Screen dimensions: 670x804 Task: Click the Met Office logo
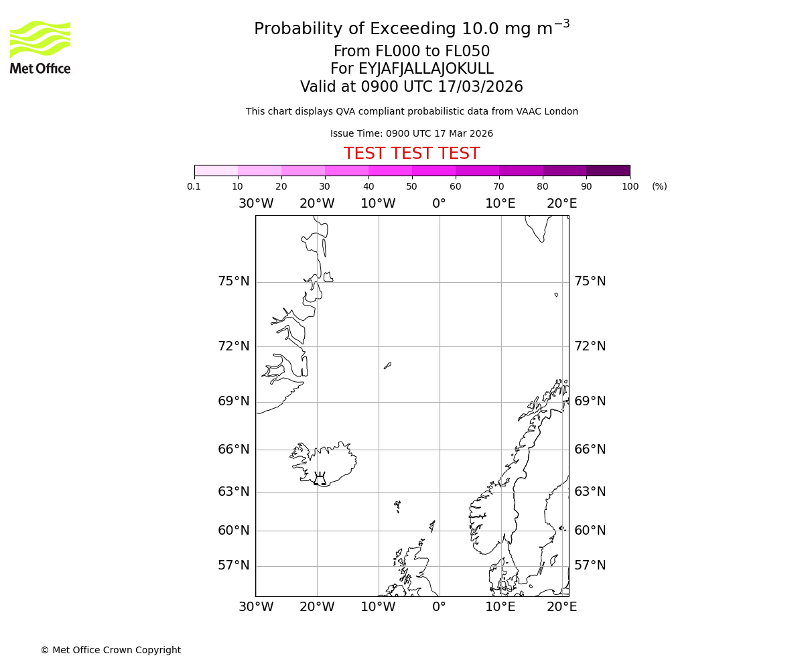[x=40, y=47]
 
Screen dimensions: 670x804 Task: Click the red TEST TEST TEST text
[x=411, y=153]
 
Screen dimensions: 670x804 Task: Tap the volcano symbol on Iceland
[x=320, y=478]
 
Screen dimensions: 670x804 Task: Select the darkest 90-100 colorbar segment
[x=608, y=170]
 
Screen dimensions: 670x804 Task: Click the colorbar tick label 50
[x=411, y=187]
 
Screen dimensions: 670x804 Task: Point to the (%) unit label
[x=659, y=187]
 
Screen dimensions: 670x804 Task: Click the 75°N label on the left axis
[x=233, y=281]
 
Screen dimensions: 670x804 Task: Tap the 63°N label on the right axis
[x=590, y=492]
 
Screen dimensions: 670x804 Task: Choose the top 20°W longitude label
[x=317, y=204]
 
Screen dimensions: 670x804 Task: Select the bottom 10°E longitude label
[x=500, y=607]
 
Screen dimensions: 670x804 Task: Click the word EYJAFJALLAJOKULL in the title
[x=426, y=69]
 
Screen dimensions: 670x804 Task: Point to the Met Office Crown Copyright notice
[x=111, y=650]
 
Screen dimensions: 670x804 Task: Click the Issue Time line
[x=411, y=134]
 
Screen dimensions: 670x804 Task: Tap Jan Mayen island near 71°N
[x=387, y=366]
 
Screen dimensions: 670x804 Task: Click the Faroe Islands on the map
[x=397, y=506]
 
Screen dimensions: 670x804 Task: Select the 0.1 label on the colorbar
[x=194, y=187]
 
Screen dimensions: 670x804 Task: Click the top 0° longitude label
[x=439, y=204]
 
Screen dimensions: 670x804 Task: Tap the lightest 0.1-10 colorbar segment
[x=216, y=170]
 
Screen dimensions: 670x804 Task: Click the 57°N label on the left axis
[x=233, y=565]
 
